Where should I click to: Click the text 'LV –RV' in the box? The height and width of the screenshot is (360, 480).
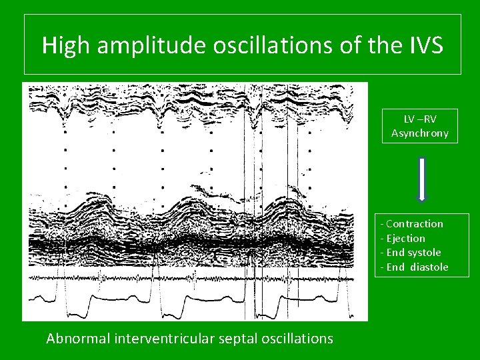tap(420, 119)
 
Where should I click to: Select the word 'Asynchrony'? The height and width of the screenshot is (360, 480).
tap(420, 133)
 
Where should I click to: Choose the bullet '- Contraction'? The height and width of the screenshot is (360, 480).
tap(411, 224)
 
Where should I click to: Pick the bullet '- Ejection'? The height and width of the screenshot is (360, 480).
tap(402, 239)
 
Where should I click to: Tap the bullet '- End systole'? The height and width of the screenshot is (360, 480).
tap(410, 253)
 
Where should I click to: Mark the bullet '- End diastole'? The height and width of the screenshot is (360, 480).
tap(414, 267)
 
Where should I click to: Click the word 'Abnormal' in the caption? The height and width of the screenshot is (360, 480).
tap(79, 339)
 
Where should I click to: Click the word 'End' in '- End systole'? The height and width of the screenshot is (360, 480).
tap(395, 253)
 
